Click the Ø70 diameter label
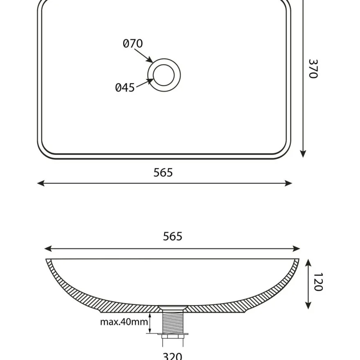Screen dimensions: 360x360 click(133, 43)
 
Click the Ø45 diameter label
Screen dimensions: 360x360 click(125, 88)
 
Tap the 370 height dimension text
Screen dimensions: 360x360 click(313, 69)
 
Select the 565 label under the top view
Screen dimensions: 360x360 click(163, 172)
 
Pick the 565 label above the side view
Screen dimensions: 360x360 click(173, 236)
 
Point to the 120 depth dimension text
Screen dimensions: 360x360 click(318, 282)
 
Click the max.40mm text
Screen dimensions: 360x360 click(124, 322)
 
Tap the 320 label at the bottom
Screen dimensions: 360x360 click(172, 356)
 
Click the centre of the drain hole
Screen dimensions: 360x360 click(164, 75)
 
